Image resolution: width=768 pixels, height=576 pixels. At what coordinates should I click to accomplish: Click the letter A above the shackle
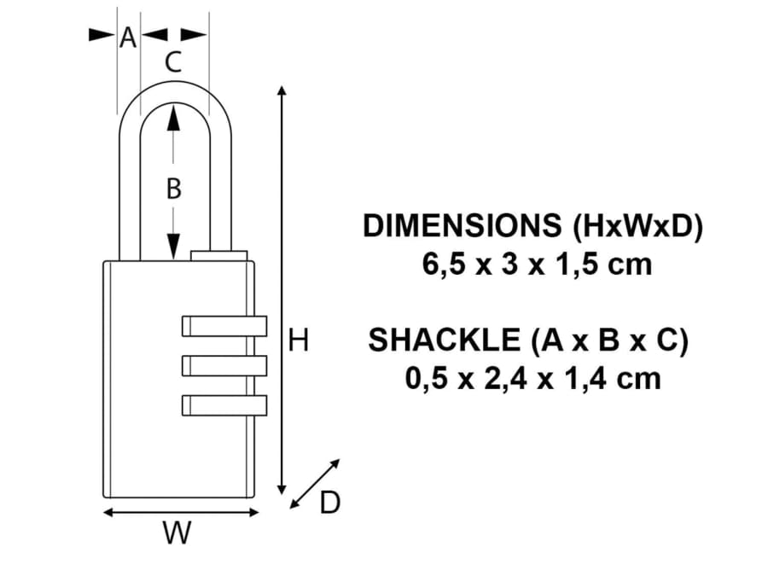(128, 38)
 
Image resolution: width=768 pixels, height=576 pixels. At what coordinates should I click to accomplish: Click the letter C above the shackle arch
(173, 62)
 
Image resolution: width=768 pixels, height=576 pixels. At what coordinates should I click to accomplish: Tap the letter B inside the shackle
(173, 189)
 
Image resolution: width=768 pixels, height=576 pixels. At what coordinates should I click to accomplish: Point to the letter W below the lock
(177, 534)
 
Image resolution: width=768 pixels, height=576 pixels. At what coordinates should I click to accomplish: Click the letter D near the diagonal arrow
(329, 503)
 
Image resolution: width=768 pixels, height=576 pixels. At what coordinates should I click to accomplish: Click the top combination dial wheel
(224, 325)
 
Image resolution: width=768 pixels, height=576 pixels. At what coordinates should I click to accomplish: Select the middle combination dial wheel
(224, 365)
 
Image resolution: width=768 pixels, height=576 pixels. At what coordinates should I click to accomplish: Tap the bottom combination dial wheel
(224, 404)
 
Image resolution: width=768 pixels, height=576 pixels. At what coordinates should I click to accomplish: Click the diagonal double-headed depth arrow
(315, 483)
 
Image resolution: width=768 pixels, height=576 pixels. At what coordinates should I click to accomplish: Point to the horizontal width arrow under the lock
(180, 512)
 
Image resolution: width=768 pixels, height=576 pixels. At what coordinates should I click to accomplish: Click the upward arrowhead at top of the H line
(282, 91)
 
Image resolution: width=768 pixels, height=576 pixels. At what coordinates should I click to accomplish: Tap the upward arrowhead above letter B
(173, 118)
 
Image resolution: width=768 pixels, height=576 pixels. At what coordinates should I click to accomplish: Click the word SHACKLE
(444, 340)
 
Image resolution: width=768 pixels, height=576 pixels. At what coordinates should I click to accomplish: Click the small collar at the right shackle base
(219, 255)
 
